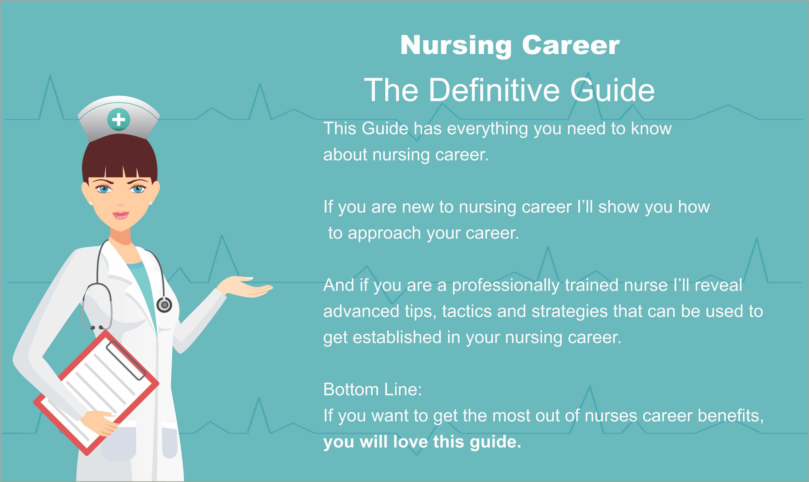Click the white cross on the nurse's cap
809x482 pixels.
118,119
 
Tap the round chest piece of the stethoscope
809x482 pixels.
164,305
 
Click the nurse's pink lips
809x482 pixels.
120,215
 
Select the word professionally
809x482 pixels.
506,285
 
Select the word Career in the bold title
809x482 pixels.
571,45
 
